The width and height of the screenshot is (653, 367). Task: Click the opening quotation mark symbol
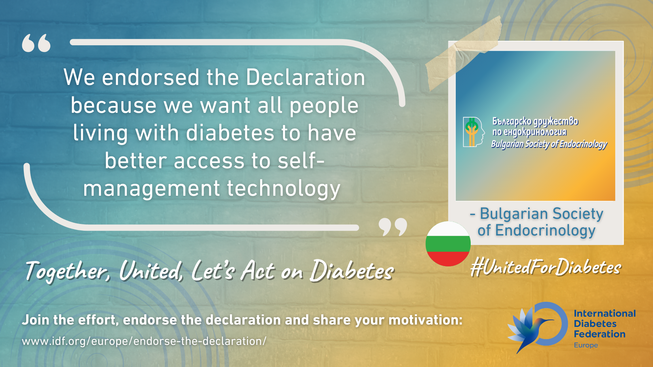coord(36,43)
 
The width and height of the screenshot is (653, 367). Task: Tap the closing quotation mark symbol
coord(393,227)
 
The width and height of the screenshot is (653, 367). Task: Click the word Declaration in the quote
coord(305,77)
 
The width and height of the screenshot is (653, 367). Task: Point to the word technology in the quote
coord(283,189)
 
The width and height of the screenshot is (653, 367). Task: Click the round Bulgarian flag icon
coord(448,244)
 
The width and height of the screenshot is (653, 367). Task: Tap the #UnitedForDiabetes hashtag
coord(546,267)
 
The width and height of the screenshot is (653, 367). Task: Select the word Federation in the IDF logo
coord(600,334)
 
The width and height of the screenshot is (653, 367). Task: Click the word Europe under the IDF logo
coord(586,345)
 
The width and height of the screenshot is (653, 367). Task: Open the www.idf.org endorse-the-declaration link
coord(144,341)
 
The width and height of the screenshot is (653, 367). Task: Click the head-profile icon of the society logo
coord(473,132)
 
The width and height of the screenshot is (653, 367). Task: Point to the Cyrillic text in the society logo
coord(535,126)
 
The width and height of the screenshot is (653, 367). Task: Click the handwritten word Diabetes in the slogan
coord(352,271)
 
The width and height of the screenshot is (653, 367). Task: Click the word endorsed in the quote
coord(151,77)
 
